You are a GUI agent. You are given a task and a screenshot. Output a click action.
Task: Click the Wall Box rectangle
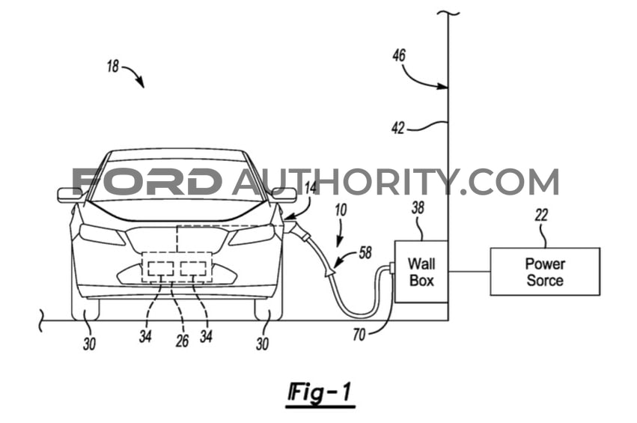click(421, 272)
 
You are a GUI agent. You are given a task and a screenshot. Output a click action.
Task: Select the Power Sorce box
click(544, 272)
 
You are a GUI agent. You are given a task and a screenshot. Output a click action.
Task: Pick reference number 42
click(397, 128)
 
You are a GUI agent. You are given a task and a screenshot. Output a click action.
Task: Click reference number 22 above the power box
click(541, 216)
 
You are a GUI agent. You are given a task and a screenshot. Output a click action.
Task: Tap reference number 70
click(359, 335)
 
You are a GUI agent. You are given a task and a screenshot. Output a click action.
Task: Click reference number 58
click(365, 255)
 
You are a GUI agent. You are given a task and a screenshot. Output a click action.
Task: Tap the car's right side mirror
click(284, 195)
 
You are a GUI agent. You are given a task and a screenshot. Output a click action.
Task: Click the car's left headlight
click(102, 234)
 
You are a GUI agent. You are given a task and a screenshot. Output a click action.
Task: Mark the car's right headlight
click(252, 234)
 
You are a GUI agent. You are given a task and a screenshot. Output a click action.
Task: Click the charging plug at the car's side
click(297, 227)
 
